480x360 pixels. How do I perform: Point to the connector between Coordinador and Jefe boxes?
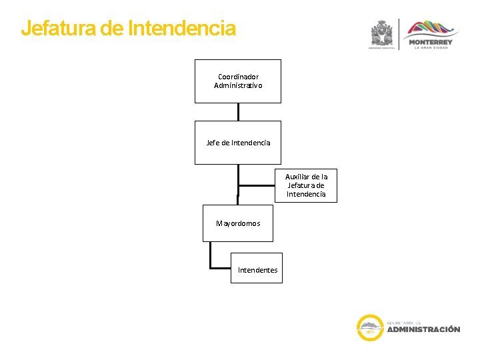click(x=238, y=112)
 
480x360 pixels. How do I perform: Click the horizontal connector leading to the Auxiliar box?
click(x=257, y=185)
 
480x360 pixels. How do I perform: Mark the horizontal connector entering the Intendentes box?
click(x=221, y=268)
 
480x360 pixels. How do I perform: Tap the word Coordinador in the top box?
click(x=238, y=77)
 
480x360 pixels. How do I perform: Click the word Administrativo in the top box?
click(x=238, y=85)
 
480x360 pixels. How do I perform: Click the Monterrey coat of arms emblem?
click(x=383, y=33)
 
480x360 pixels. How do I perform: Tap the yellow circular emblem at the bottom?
click(x=369, y=327)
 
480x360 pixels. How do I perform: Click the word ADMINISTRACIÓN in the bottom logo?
click(x=423, y=329)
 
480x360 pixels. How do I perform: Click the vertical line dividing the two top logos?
click(x=399, y=33)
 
